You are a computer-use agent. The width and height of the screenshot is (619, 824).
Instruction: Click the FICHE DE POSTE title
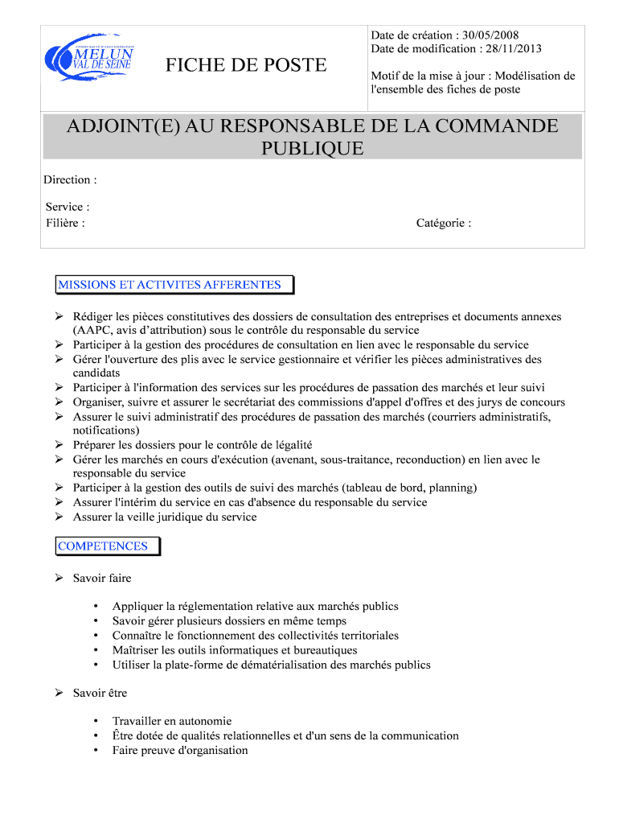click(246, 65)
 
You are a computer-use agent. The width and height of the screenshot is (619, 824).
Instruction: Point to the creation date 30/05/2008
click(490, 35)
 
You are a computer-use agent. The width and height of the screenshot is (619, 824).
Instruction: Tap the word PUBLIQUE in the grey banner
click(313, 149)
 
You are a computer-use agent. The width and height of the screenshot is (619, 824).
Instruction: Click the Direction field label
click(70, 180)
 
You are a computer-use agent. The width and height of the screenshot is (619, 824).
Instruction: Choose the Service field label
click(67, 208)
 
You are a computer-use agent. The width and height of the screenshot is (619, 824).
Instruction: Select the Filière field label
click(65, 223)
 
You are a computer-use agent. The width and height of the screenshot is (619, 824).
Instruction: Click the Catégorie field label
click(443, 223)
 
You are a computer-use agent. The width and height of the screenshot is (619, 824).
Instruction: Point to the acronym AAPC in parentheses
click(92, 330)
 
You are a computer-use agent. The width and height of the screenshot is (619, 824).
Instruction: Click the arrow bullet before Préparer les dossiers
click(59, 445)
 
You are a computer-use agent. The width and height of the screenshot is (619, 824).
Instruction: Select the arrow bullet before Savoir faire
click(59, 579)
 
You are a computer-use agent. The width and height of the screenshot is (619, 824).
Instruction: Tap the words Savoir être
click(100, 693)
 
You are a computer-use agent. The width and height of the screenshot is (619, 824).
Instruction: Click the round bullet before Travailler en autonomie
click(96, 722)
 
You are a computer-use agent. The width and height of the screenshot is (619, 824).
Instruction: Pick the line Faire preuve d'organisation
click(180, 750)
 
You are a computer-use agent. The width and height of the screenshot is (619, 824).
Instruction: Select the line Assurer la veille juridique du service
click(165, 517)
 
